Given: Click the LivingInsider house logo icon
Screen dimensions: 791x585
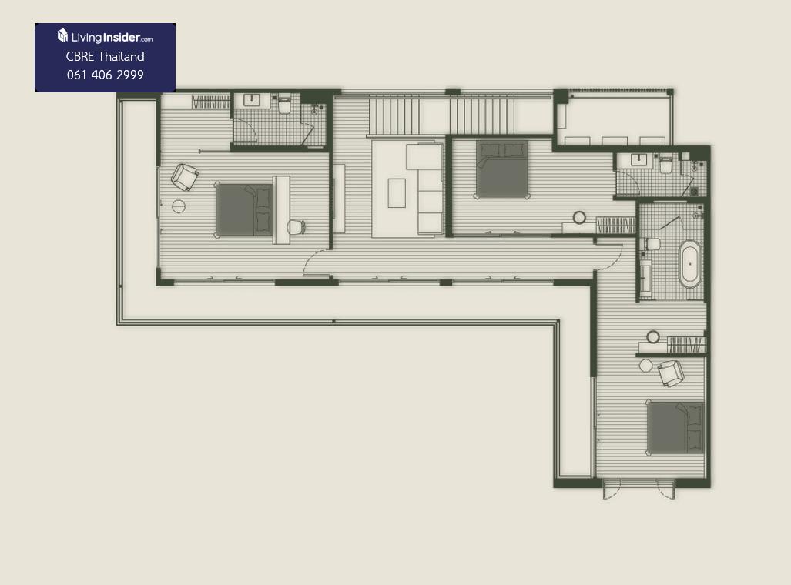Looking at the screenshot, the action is pos(62,35).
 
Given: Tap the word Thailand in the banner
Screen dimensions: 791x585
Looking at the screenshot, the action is pos(121,56).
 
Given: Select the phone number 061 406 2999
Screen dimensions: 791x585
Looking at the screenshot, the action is pos(106,75).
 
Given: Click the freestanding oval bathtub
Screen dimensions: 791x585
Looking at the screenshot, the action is pos(690,264).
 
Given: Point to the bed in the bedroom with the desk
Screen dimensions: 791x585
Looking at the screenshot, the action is pos(244,209).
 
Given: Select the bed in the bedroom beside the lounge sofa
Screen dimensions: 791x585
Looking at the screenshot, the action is pos(502,169).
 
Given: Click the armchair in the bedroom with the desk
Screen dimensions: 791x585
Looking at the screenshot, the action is pos(185,177).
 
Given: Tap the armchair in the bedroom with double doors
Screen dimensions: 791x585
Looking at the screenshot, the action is pos(671,373).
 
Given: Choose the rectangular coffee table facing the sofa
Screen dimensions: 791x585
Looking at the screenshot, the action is pos(397,192).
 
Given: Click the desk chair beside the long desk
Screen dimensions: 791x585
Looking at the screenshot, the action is pos(297,227).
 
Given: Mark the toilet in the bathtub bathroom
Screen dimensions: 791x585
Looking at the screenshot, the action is pos(652,244).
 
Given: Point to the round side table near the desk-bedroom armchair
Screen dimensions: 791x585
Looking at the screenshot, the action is pos(179,206).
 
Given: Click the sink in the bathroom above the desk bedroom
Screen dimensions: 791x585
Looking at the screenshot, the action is pos(251,100).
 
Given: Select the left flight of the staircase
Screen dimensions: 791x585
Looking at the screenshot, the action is pos(394,116).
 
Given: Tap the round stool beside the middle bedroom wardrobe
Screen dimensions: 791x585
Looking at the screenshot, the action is pos(580,217).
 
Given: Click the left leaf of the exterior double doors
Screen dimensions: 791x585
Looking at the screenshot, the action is pos(612,490).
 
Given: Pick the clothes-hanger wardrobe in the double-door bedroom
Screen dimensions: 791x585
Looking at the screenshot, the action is pos(686,346).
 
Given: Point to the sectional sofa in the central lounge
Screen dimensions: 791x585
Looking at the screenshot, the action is pos(425,189).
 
